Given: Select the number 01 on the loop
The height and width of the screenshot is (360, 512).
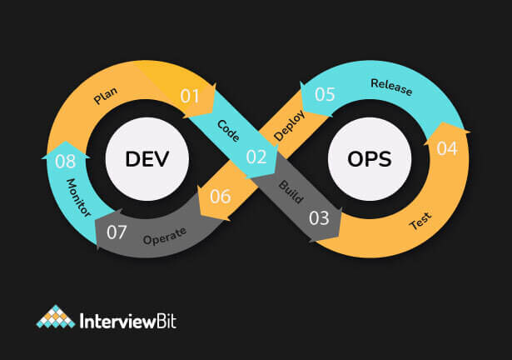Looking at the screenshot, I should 191,96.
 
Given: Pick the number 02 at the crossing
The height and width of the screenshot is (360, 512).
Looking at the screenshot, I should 256,156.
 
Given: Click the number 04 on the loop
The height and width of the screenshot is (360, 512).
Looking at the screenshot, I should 446,149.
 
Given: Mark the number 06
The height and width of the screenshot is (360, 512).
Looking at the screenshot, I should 221,197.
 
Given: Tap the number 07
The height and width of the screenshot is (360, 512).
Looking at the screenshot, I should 117,232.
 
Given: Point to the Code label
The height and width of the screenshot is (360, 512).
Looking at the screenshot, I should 228,130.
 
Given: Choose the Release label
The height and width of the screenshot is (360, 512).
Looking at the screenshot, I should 390,87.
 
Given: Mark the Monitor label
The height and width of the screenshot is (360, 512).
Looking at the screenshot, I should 79,200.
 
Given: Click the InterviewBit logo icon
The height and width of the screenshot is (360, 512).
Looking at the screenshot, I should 54,318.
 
